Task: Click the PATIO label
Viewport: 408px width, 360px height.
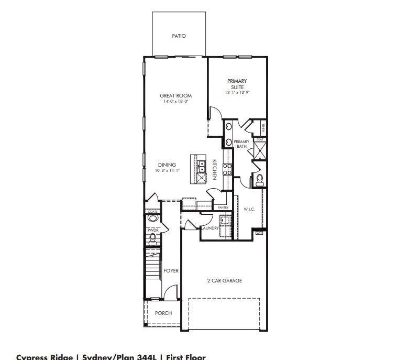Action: [x=179, y=36]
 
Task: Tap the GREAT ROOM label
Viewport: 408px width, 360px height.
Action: [x=175, y=96]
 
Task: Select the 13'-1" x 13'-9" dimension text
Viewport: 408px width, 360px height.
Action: [x=237, y=92]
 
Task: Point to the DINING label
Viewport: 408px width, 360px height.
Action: [x=167, y=165]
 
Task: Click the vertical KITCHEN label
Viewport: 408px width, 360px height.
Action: [x=214, y=169]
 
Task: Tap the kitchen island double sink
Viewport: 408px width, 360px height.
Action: [x=201, y=166]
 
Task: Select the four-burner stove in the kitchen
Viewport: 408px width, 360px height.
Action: [x=228, y=169]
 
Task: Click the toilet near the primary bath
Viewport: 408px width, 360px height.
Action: [x=259, y=180]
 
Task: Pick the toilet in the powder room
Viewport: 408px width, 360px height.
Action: [x=152, y=239]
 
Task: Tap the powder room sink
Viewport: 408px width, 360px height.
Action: [x=152, y=218]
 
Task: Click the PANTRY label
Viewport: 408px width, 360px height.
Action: [x=224, y=208]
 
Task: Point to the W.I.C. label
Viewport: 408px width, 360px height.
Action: [x=249, y=210]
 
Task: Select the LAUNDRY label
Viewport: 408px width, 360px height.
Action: [x=209, y=228]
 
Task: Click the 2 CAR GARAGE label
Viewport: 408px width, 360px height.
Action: [x=224, y=281]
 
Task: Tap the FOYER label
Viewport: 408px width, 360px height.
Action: [x=171, y=271]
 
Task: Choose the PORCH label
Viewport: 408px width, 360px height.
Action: [x=163, y=313]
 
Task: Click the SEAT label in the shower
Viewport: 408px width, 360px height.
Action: [x=260, y=140]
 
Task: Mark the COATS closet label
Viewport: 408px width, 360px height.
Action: [x=152, y=212]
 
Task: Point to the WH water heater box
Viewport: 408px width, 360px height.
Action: [x=259, y=233]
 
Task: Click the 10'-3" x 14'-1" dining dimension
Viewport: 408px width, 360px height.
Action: [x=167, y=171]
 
